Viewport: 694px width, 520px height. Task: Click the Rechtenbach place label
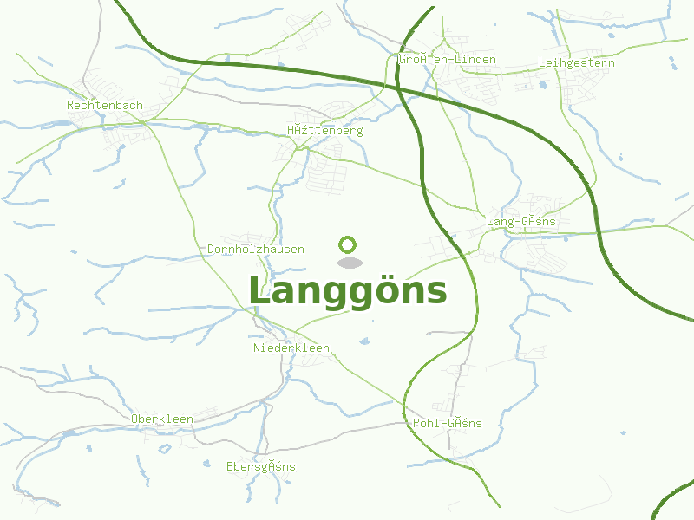click(x=104, y=105)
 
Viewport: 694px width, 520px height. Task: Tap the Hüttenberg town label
click(x=324, y=131)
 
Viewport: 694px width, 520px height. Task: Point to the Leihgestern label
click(x=576, y=62)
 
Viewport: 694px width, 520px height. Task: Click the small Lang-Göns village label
click(x=520, y=221)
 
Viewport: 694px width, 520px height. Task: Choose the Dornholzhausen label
click(x=256, y=249)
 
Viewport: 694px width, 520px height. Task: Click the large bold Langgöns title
click(x=348, y=291)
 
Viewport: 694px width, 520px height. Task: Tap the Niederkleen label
click(x=291, y=348)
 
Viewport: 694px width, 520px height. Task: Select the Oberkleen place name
click(x=162, y=419)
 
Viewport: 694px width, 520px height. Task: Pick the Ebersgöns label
click(x=260, y=466)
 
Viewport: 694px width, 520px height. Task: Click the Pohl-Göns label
click(x=447, y=423)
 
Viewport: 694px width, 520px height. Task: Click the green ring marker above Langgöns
click(x=348, y=244)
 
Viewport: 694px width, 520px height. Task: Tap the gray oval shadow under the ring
click(x=349, y=263)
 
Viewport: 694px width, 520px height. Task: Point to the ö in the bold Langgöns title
click(x=384, y=291)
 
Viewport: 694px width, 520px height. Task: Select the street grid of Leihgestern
click(x=577, y=87)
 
